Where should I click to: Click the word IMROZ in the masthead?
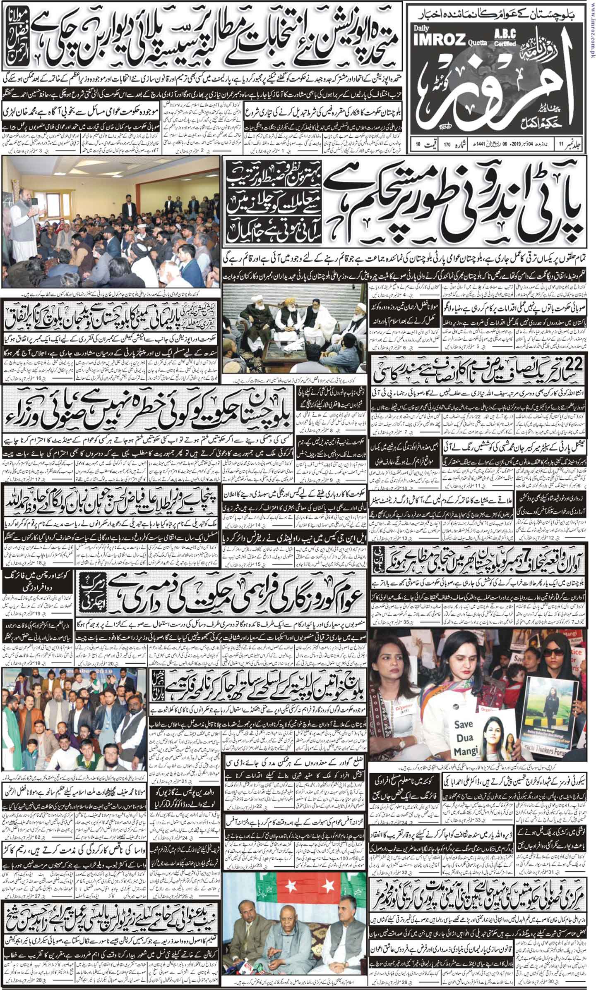tap(428, 35)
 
